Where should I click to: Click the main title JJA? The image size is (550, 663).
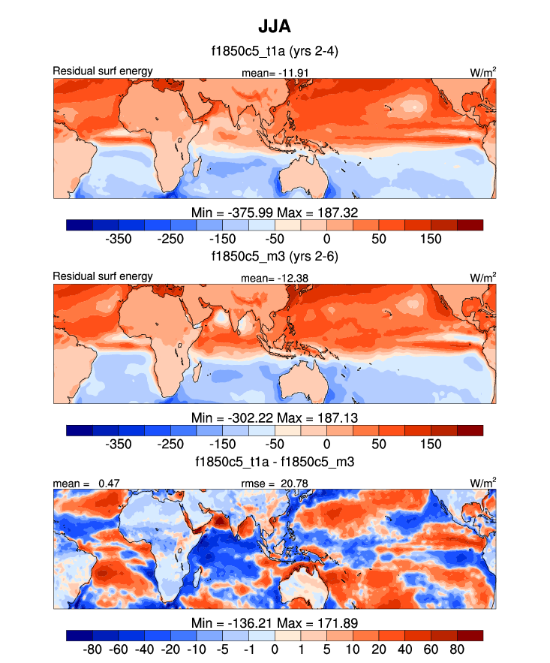[x=275, y=27]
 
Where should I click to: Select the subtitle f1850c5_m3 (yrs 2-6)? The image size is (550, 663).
[x=275, y=256]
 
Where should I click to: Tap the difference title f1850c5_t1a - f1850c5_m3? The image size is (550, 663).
[x=275, y=461]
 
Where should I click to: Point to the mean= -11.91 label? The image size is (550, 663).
[x=275, y=72]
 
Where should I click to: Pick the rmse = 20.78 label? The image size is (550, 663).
[x=275, y=482]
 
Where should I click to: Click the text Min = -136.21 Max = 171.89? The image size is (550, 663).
[x=275, y=621]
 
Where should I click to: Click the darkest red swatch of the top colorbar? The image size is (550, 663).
[x=470, y=225]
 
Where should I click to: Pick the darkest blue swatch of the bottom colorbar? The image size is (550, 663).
[x=79, y=634]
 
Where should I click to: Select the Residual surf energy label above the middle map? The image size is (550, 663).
[x=103, y=276]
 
